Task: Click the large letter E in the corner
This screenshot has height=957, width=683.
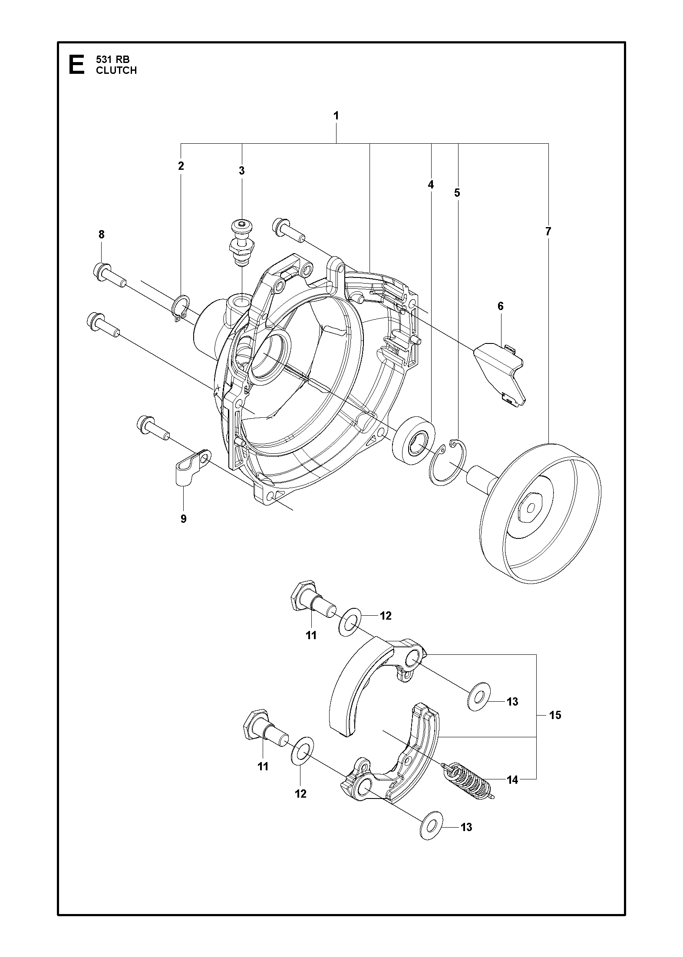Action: point(77,65)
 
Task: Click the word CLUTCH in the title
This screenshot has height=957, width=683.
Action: point(116,70)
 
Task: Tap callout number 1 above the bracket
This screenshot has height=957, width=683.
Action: point(336,116)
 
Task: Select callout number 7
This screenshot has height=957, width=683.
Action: point(548,231)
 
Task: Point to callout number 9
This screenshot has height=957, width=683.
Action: point(183,518)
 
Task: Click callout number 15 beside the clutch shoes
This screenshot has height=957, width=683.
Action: point(555,715)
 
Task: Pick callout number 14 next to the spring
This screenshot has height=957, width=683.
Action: point(512,780)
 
